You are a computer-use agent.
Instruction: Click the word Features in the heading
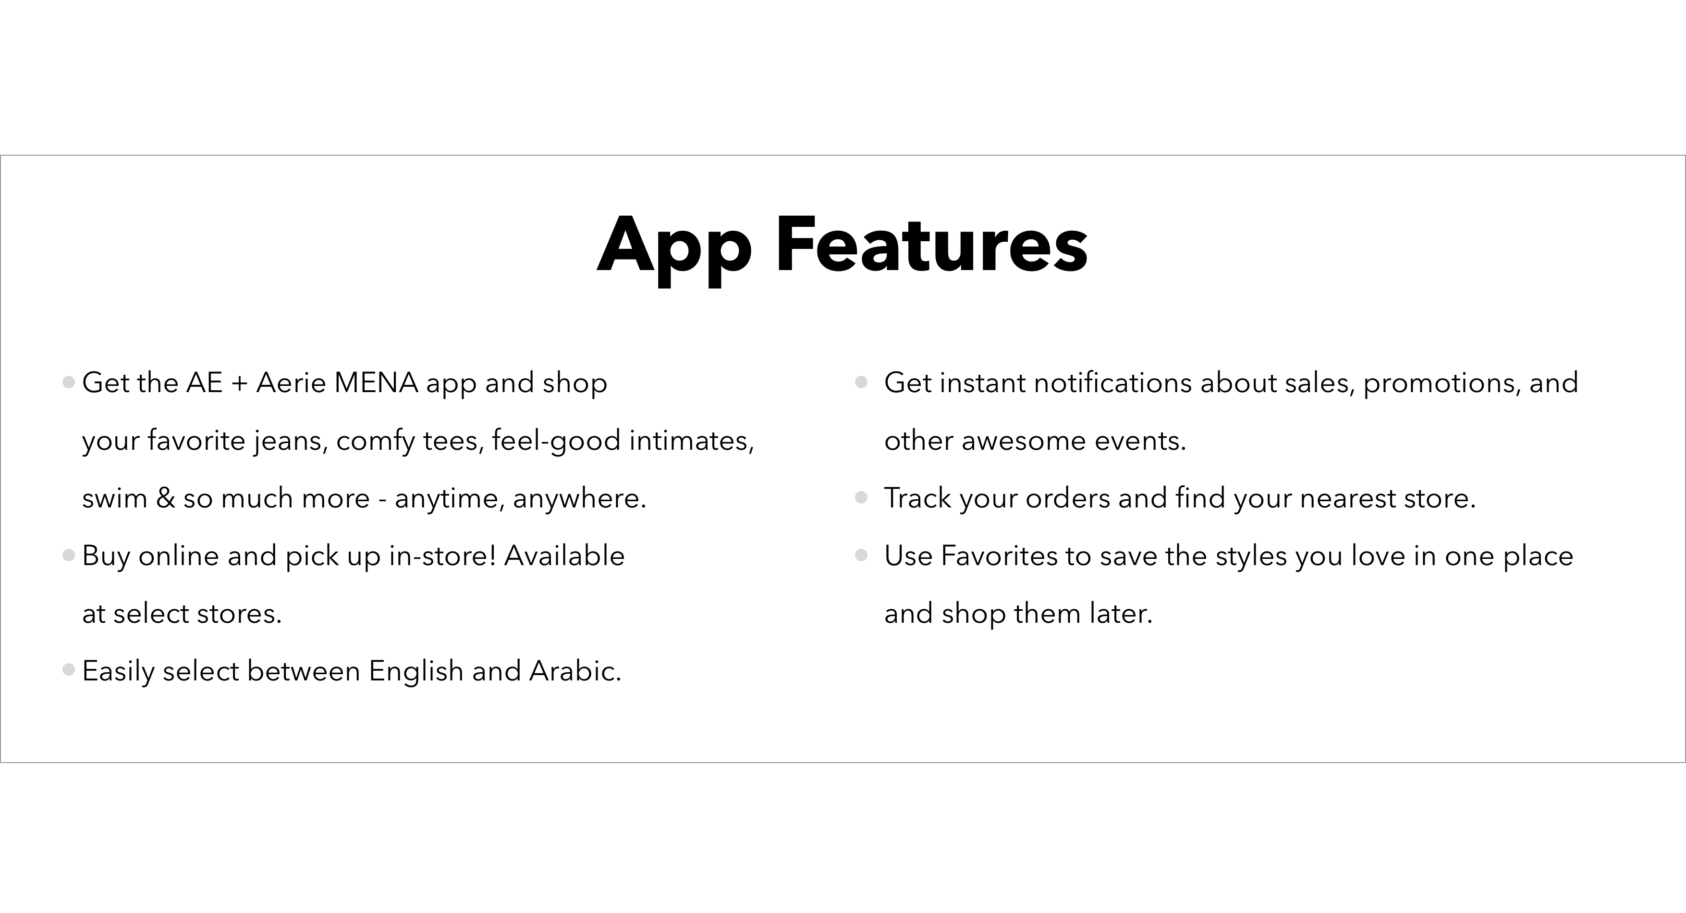931,244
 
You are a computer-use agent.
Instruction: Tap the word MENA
376,382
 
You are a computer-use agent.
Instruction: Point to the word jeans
291,441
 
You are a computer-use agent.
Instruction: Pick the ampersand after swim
166,498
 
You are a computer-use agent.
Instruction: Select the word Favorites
999,556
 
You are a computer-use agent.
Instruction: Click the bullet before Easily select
69,670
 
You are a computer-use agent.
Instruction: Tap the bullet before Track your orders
861,498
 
